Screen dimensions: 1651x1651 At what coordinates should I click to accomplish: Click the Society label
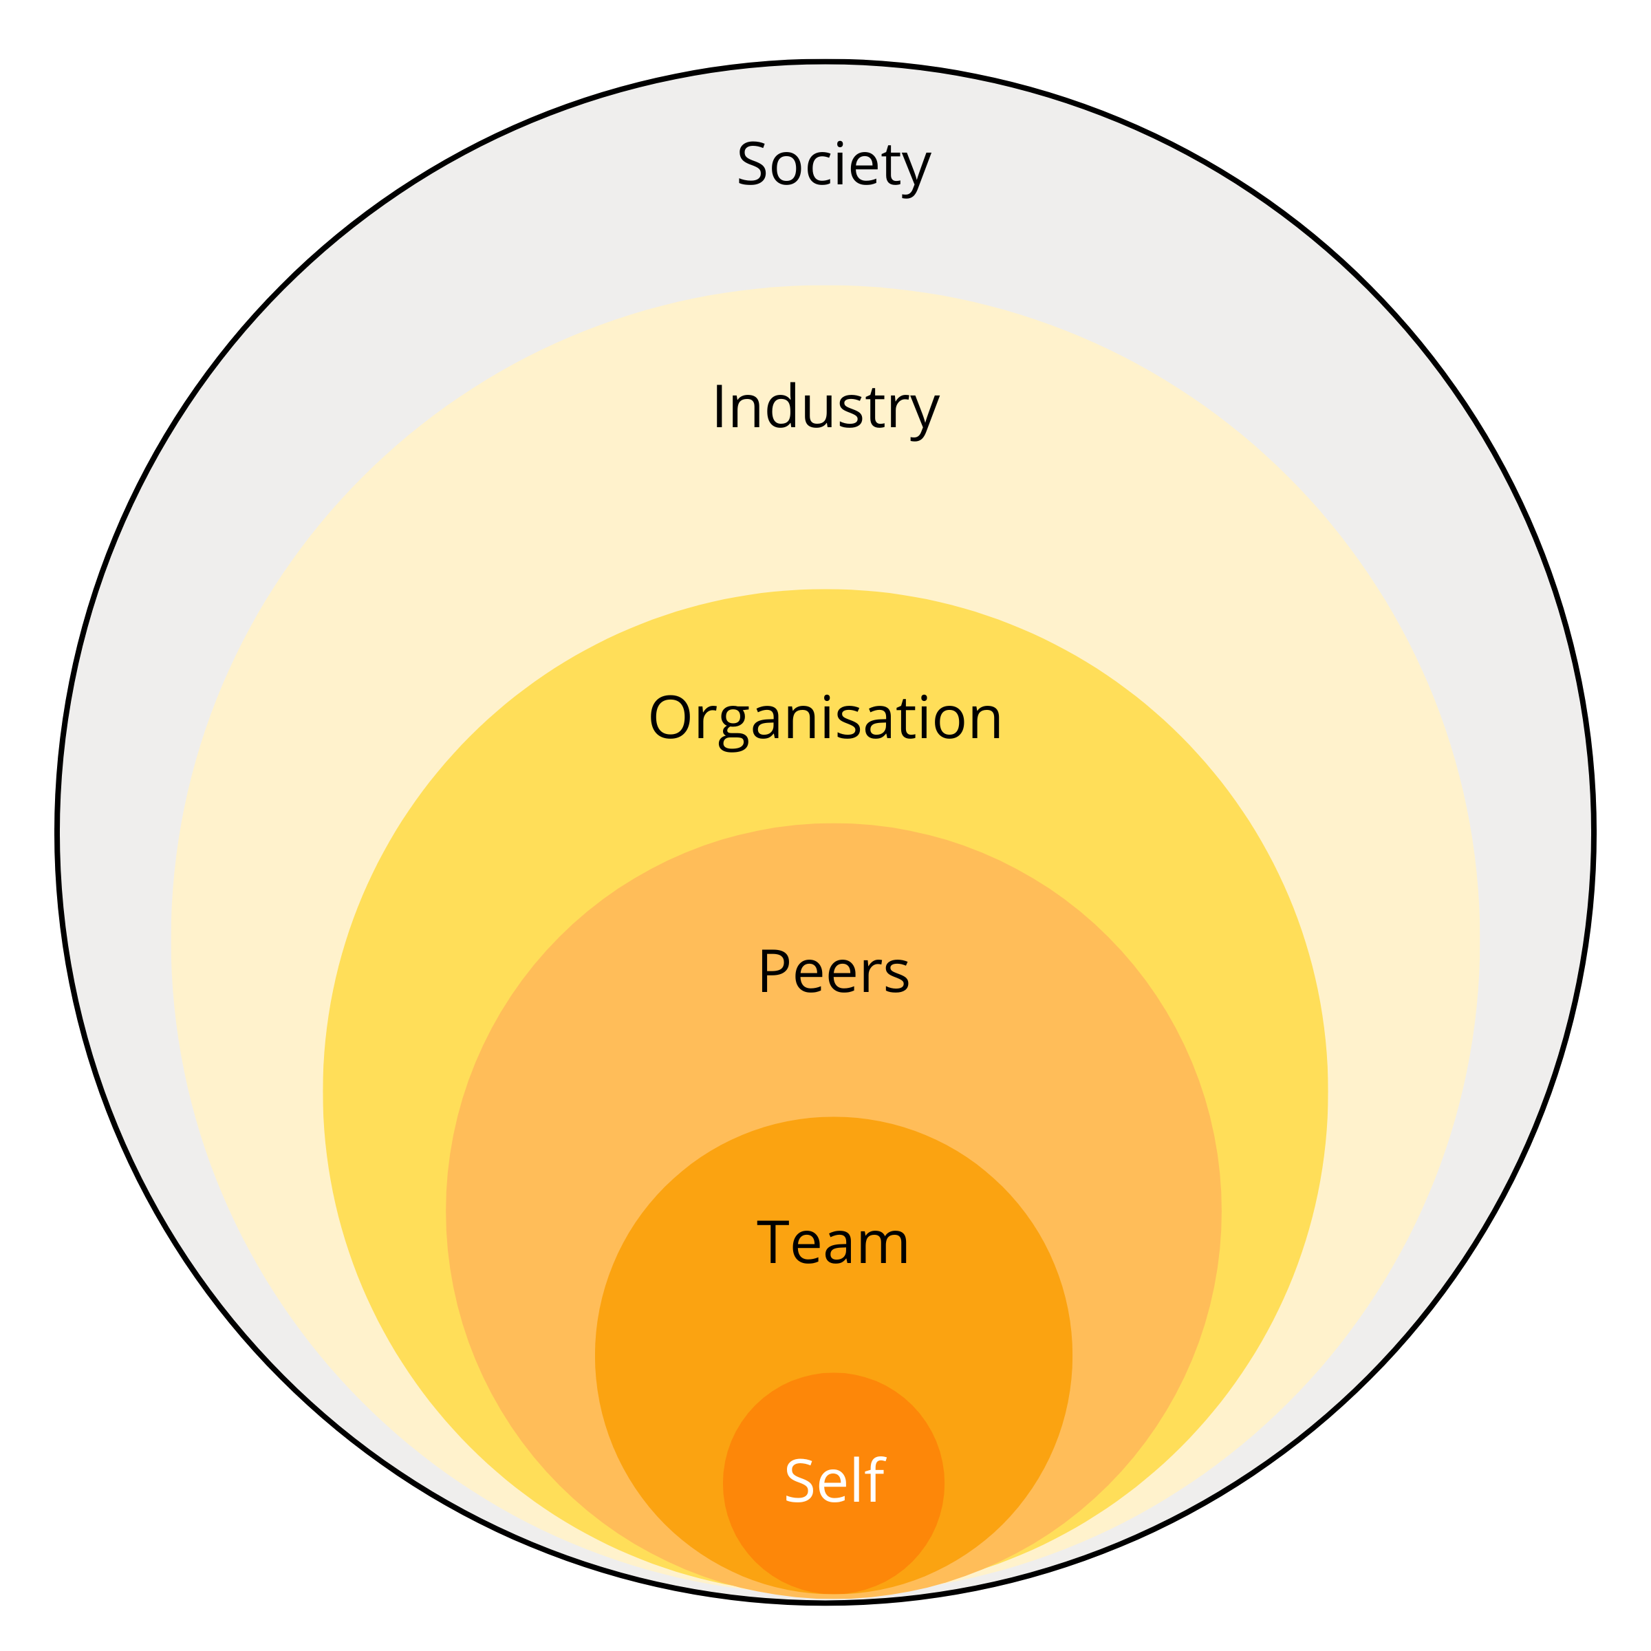pyautogui.click(x=833, y=166)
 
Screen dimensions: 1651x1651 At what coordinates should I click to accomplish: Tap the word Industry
pyautogui.click(x=825, y=409)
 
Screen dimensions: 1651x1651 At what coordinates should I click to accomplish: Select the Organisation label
pyautogui.click(x=825, y=720)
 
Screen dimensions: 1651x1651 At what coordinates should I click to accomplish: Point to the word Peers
pyautogui.click(x=833, y=973)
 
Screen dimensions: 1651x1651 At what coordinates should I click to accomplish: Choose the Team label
pyautogui.click(x=833, y=1242)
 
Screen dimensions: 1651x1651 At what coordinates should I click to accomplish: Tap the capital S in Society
pyautogui.click(x=752, y=163)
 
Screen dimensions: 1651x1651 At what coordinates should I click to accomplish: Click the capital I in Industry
pyautogui.click(x=720, y=406)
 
